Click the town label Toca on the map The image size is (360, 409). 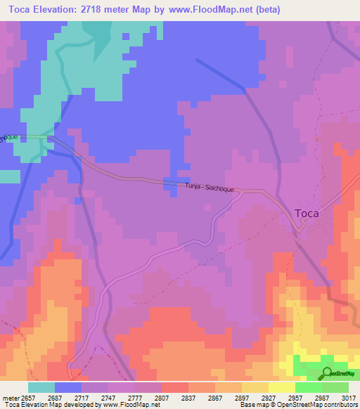[306, 213]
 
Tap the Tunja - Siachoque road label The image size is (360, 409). [209, 188]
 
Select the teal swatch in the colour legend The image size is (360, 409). [41, 387]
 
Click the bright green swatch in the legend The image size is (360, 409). [309, 387]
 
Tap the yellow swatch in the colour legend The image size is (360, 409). [282, 387]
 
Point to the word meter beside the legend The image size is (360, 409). [11, 397]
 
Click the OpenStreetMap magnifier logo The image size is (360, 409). [328, 373]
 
